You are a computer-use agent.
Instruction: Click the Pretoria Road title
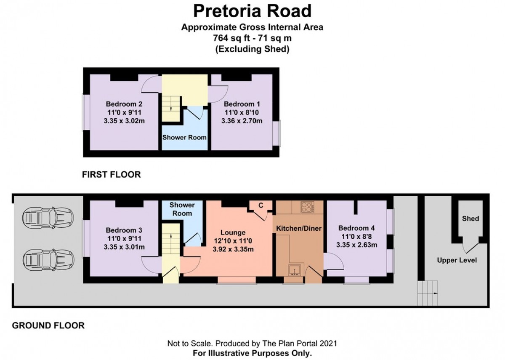pyautogui.click(x=252, y=11)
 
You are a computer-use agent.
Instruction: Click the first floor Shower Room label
pyautogui.click(x=185, y=137)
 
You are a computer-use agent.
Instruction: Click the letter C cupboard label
pyautogui.click(x=260, y=205)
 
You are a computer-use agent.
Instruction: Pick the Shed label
pyautogui.click(x=470, y=219)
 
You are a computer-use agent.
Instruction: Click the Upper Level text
pyautogui.click(x=457, y=260)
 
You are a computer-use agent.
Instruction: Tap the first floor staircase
pyautogui.click(x=171, y=103)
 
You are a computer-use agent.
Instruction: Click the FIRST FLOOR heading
pyautogui.click(x=112, y=174)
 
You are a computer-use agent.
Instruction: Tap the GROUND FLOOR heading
pyautogui.click(x=48, y=325)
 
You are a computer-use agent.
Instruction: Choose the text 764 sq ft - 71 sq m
pyautogui.click(x=252, y=38)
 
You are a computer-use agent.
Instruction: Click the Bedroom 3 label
pyautogui.click(x=124, y=230)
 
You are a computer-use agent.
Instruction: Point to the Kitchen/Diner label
pyautogui.click(x=298, y=229)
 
